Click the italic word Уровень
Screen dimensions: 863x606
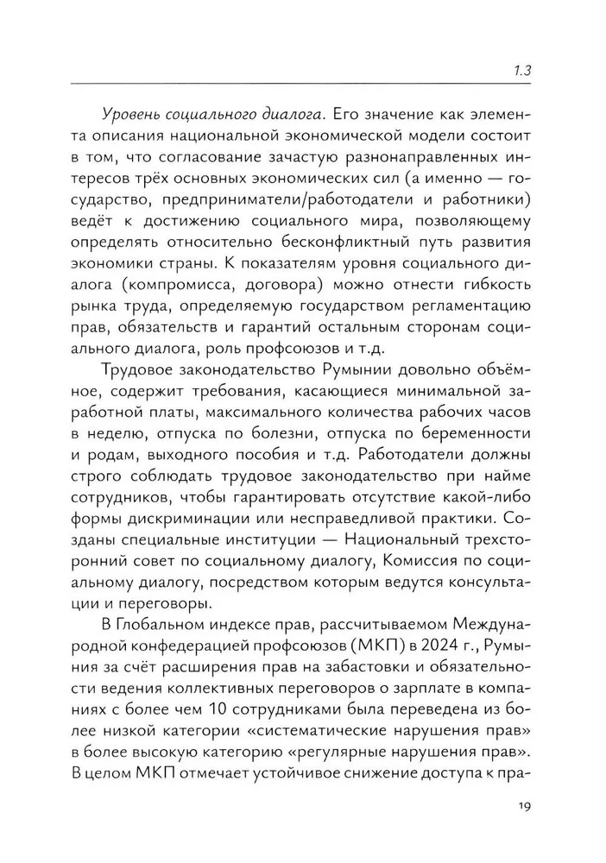point(135,113)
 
